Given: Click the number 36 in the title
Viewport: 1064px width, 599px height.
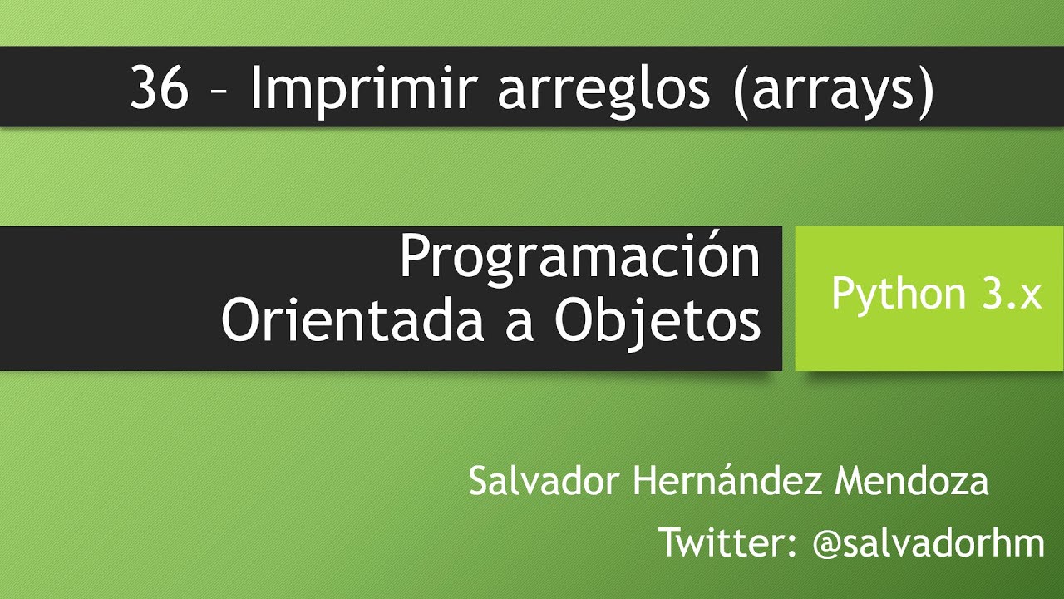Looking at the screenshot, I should click(x=159, y=89).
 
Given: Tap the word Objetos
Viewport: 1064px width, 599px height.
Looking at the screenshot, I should click(x=658, y=320).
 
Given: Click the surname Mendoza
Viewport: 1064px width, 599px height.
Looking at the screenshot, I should click(x=912, y=482).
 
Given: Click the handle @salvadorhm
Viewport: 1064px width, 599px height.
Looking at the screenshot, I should click(x=929, y=542).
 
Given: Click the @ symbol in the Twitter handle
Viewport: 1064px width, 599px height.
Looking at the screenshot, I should click(x=827, y=544).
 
